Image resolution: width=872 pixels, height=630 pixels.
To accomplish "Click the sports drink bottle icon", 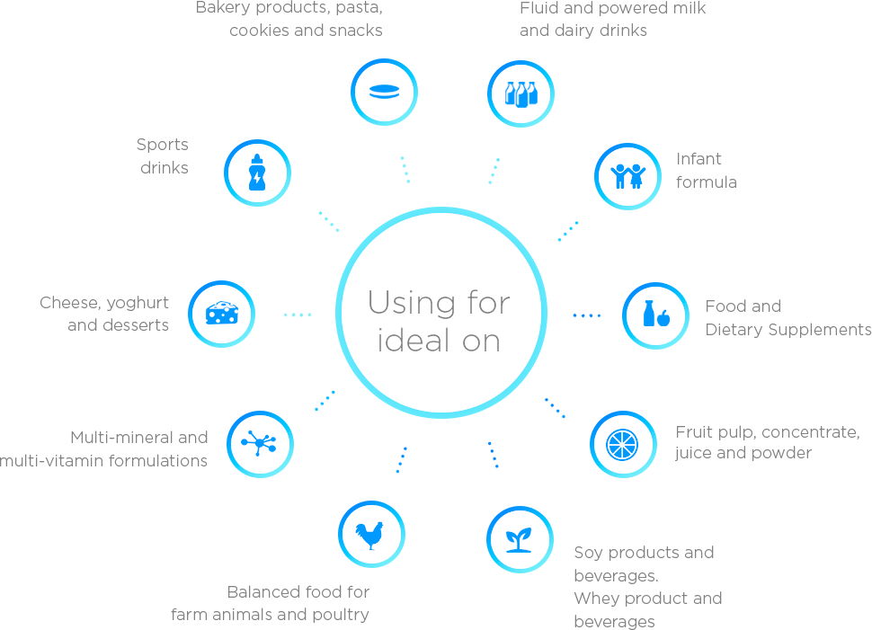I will [x=257, y=173].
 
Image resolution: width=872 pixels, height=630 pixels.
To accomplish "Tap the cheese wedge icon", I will [x=221, y=314].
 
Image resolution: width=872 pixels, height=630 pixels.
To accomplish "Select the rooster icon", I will [x=370, y=535].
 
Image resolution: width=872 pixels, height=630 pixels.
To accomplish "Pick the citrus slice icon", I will [x=622, y=444].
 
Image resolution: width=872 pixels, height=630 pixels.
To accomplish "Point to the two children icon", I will [x=627, y=176].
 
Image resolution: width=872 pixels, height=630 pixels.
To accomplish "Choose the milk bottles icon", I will [x=521, y=93].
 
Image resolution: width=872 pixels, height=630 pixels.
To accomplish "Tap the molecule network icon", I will [x=260, y=444].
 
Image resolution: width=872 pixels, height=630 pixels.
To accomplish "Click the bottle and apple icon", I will [x=655, y=315].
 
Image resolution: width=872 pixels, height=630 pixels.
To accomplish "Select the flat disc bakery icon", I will [x=384, y=92].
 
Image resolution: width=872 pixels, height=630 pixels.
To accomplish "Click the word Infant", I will [x=699, y=159].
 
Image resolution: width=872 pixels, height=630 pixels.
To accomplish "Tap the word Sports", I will [x=163, y=145].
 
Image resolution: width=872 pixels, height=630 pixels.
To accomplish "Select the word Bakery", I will [x=222, y=8].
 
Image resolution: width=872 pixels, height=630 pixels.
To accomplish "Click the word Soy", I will [x=588, y=553].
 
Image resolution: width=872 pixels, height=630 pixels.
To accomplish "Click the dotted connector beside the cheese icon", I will [x=298, y=315].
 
